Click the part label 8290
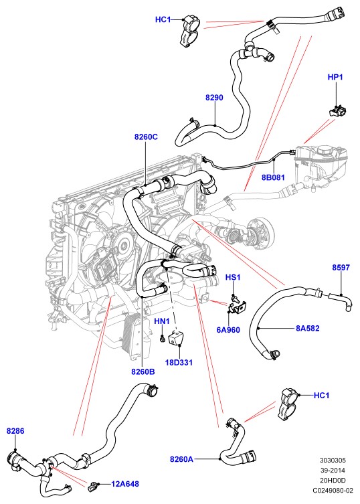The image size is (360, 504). (x=214, y=98)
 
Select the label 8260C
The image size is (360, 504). (x=146, y=137)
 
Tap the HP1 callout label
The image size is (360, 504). (x=335, y=77)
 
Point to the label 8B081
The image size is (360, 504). (x=273, y=177)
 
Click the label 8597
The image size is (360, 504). (x=341, y=268)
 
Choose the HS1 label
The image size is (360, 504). (x=233, y=277)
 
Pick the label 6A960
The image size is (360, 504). (x=228, y=330)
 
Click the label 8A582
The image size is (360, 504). (x=308, y=328)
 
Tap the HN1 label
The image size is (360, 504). (x=162, y=321)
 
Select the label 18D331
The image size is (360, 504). (x=179, y=363)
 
